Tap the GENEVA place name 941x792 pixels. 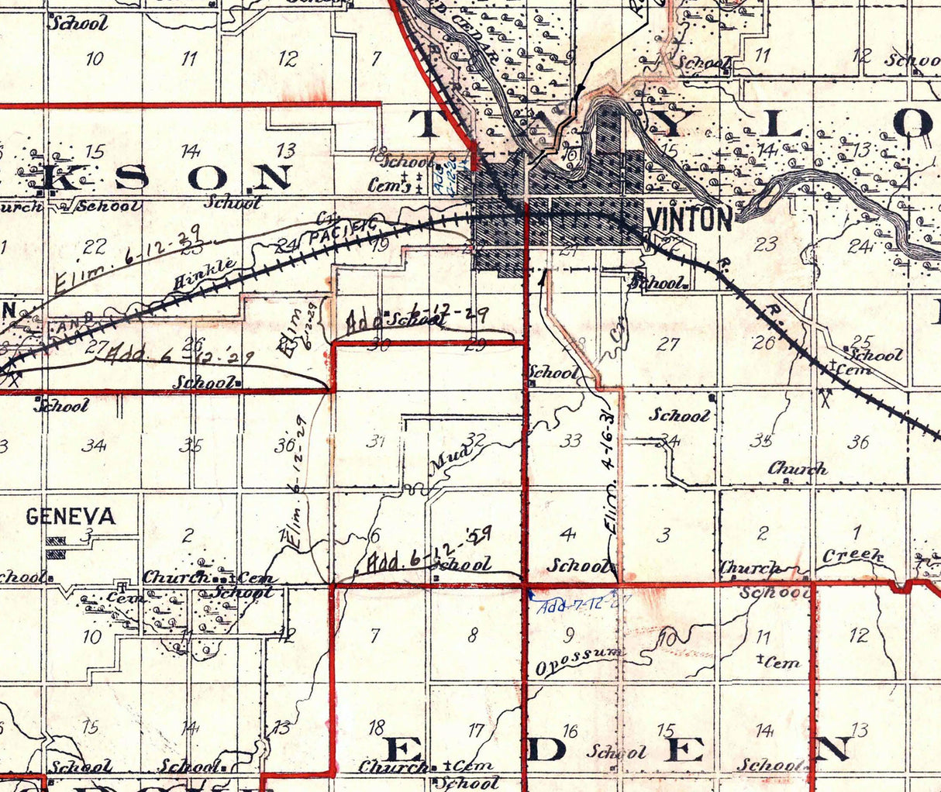coord(71,516)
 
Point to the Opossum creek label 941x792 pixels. coord(580,660)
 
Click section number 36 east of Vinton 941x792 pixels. coord(857,442)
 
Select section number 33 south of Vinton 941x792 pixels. coord(570,441)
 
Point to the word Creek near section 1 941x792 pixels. coord(853,556)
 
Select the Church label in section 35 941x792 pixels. coord(798,469)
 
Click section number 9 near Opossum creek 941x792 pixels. coord(570,635)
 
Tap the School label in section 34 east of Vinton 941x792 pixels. coord(679,415)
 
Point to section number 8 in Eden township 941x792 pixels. coord(474,636)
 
